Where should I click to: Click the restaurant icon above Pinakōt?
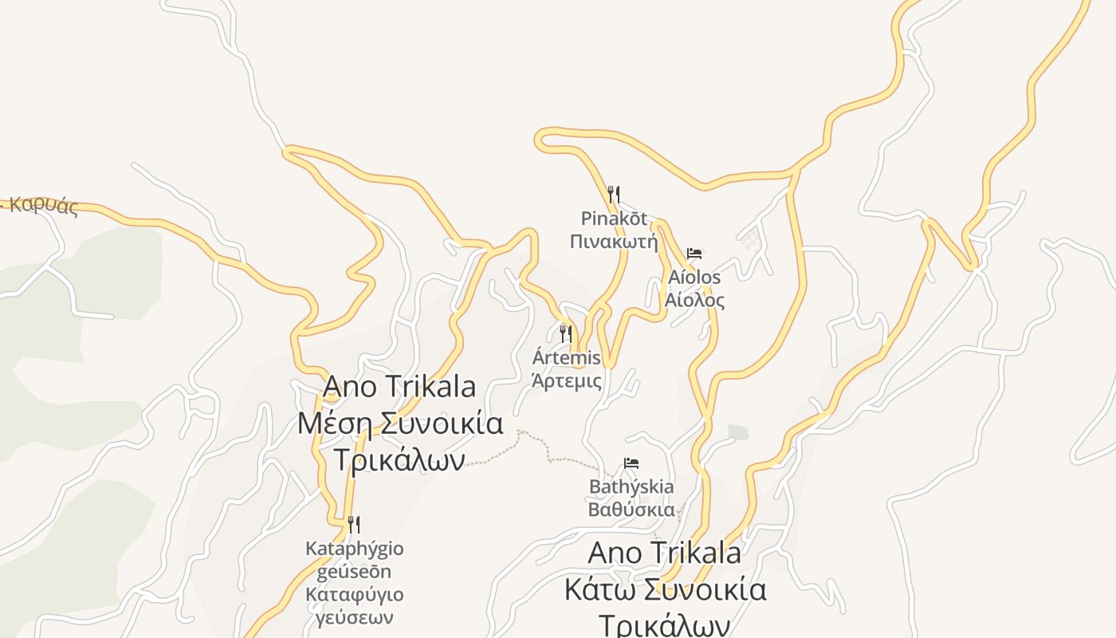pyautogui.click(x=613, y=194)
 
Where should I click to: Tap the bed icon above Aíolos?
pyautogui.click(x=694, y=254)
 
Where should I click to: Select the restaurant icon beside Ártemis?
pyautogui.click(x=566, y=333)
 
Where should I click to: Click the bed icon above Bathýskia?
pyautogui.click(x=631, y=463)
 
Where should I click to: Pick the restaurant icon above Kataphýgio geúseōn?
pyautogui.click(x=354, y=524)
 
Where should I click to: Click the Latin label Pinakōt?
pyautogui.click(x=614, y=219)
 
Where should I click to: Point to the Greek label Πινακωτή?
pyautogui.click(x=614, y=240)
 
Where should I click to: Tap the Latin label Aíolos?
pyautogui.click(x=694, y=278)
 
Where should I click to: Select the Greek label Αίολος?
pyautogui.click(x=694, y=300)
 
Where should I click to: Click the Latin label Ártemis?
pyautogui.click(x=567, y=358)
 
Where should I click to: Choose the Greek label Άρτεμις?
pyautogui.click(x=567, y=380)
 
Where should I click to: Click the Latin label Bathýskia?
pyautogui.click(x=631, y=486)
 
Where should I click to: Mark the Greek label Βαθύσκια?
pyautogui.click(x=631, y=510)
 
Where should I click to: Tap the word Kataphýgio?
pyautogui.click(x=354, y=549)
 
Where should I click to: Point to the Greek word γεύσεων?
pyautogui.click(x=354, y=617)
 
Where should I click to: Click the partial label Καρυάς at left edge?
pyautogui.click(x=44, y=206)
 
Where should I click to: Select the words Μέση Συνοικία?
pyautogui.click(x=400, y=423)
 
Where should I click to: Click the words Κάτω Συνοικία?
pyautogui.click(x=665, y=589)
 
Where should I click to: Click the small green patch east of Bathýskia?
pyautogui.click(x=738, y=432)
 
